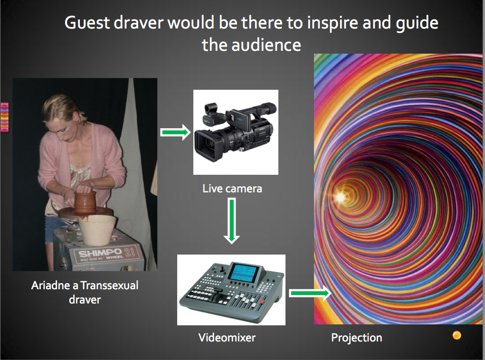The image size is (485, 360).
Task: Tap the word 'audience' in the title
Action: pyautogui.click(x=266, y=45)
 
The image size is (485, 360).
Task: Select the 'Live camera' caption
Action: pyautogui.click(x=232, y=189)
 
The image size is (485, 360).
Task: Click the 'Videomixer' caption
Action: pyautogui.click(x=227, y=337)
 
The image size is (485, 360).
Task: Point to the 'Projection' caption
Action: pyautogui.click(x=357, y=338)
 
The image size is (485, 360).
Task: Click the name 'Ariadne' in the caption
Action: pyautogui.click(x=51, y=285)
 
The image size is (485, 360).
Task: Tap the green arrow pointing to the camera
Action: pyautogui.click(x=175, y=133)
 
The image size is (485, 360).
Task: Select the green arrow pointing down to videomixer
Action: pyautogui.click(x=232, y=221)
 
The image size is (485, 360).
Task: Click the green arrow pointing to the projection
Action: pyautogui.click(x=310, y=293)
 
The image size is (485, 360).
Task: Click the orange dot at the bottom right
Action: pyautogui.click(x=456, y=335)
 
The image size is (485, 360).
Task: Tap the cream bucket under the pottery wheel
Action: pyautogui.click(x=97, y=229)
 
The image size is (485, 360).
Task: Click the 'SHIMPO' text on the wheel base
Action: pyautogui.click(x=100, y=253)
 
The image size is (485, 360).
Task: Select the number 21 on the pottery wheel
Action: pyautogui.click(x=130, y=251)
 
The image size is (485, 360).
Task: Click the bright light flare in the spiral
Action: pyautogui.click(x=341, y=197)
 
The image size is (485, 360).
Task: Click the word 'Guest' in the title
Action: pyautogui.click(x=87, y=23)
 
